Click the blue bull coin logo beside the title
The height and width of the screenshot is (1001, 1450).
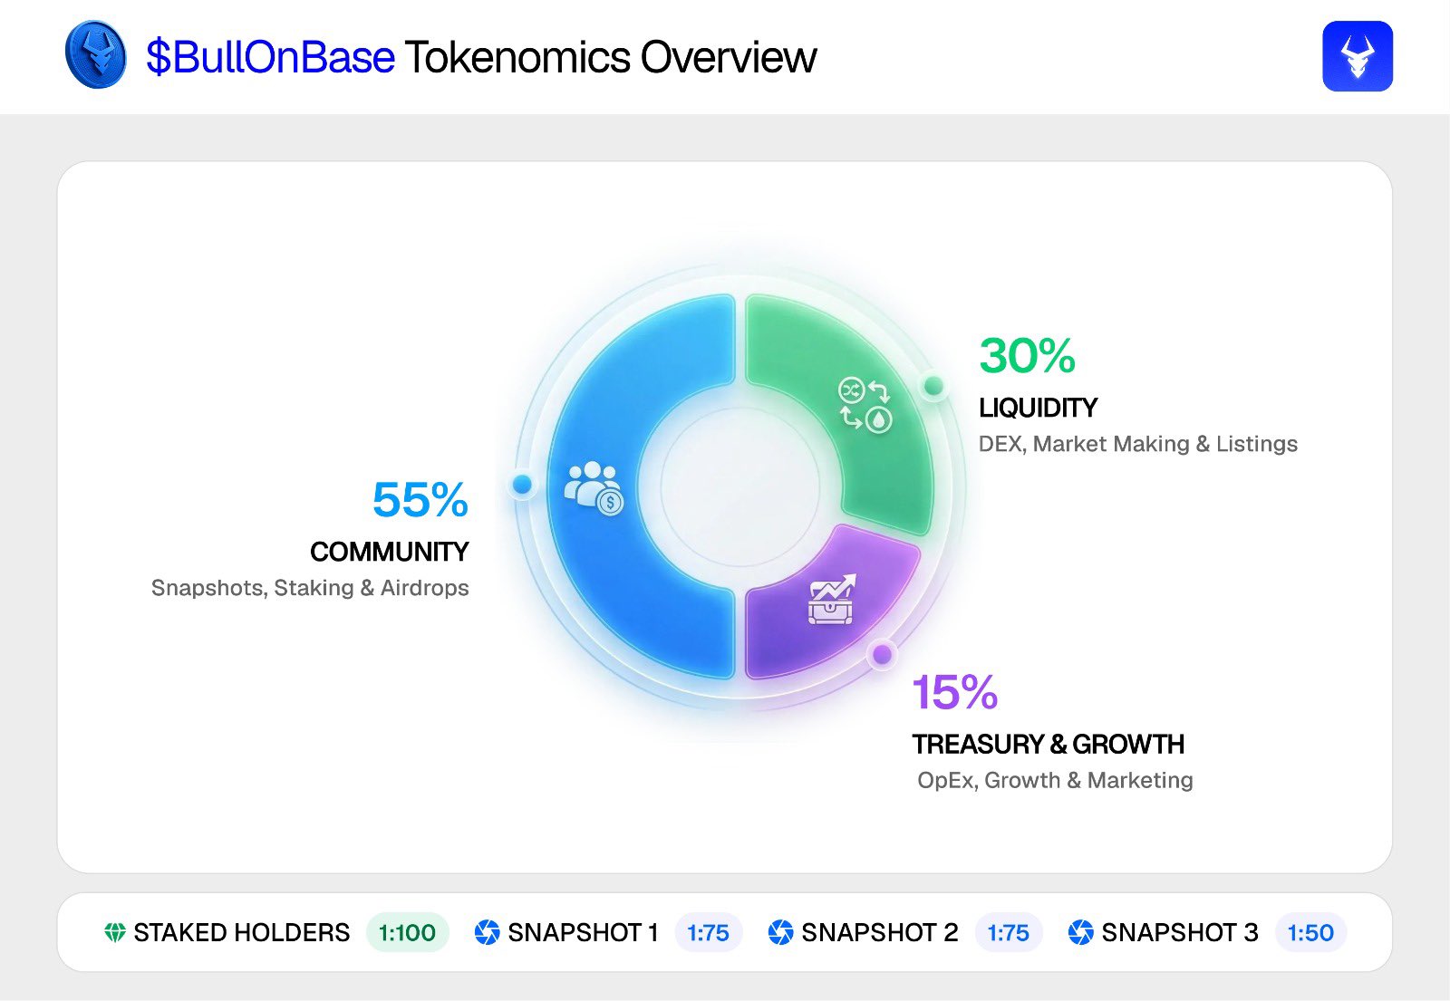point(96,55)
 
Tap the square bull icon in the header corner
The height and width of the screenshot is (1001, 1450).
point(1357,56)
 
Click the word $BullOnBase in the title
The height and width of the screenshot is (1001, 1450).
point(270,57)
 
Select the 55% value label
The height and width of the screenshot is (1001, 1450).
point(420,500)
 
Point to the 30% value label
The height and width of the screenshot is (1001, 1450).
point(1027,356)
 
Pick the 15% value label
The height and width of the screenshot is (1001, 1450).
point(954,693)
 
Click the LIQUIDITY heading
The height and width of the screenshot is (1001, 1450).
point(1038,408)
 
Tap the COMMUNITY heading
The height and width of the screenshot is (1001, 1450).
point(389,552)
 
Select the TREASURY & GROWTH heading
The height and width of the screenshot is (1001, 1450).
point(1048,745)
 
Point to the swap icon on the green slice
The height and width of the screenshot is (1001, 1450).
point(865,404)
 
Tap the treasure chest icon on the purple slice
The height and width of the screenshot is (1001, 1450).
point(831,600)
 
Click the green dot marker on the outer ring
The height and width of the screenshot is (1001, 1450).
point(933,387)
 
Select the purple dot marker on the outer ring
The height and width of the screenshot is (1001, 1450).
point(882,654)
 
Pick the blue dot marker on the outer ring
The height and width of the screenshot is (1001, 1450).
point(522,485)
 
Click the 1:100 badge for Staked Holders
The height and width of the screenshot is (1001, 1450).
point(407,932)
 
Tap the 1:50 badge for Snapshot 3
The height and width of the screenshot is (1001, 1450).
point(1310,932)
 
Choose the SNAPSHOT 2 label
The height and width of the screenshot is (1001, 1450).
point(879,932)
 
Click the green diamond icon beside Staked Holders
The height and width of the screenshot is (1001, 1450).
point(115,932)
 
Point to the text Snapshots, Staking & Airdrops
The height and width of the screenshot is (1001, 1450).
point(310,588)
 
